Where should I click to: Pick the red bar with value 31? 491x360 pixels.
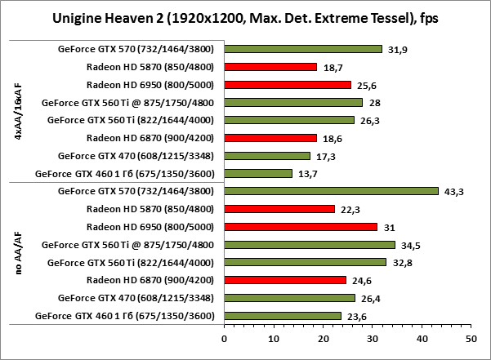pos(301,227)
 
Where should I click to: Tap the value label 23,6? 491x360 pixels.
pos(357,316)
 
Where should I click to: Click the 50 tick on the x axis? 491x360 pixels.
pos(471,336)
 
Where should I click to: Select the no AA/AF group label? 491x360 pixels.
pos(19,254)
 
